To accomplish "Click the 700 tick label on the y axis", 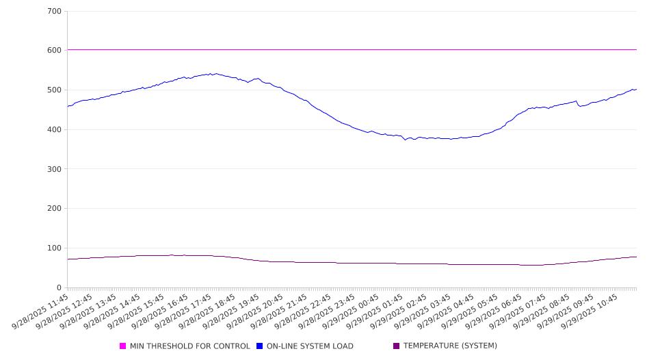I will coord(55,12).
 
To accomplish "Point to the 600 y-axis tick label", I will coord(55,51).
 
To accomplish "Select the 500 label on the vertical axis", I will coord(55,90).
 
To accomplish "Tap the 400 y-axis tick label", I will coord(55,130).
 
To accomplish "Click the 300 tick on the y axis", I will coord(55,169).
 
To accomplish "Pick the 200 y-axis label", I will coord(55,209).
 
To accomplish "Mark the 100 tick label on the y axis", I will coord(55,248).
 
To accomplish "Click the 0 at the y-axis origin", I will coord(60,288).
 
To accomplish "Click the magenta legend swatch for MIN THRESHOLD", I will coord(123,346).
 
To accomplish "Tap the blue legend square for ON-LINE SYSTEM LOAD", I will coord(260,346).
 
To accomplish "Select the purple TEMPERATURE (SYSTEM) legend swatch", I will coord(397,346).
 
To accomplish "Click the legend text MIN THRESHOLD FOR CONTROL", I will coord(190,346).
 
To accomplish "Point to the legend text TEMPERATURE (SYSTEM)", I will coord(450,346).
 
